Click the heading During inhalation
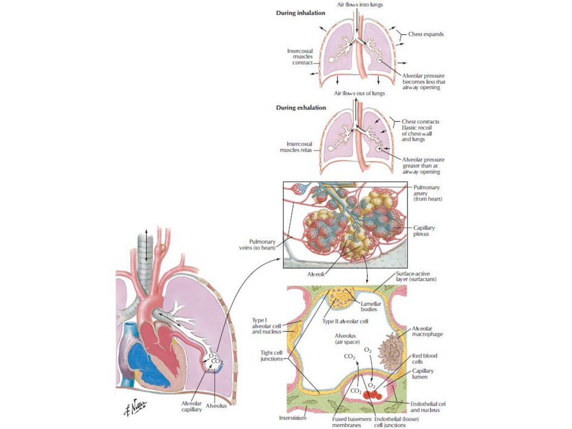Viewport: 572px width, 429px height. [301, 12]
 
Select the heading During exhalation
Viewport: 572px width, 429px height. [301, 107]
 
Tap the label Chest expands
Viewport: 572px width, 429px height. [422, 34]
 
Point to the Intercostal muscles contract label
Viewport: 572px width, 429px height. [299, 56]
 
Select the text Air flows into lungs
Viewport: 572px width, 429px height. [359, 4]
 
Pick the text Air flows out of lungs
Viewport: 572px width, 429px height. [359, 93]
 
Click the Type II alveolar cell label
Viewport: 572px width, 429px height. [345, 322]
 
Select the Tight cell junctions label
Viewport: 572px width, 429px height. [273, 355]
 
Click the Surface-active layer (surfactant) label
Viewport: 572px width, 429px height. [416, 277]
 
